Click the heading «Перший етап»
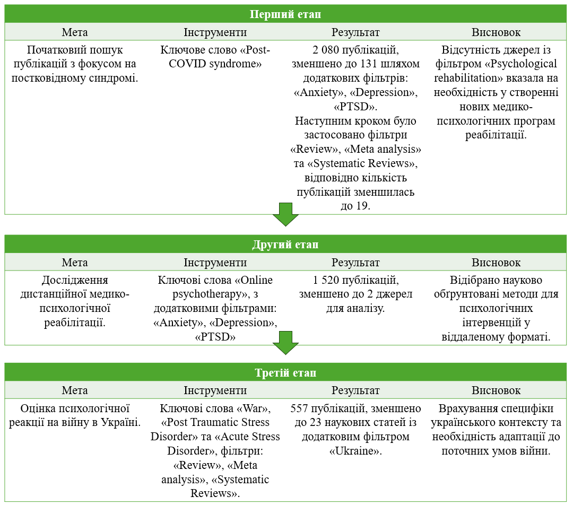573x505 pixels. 285,14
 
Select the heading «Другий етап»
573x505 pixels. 285,244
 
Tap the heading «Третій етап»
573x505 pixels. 285,372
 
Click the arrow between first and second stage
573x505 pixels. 285,214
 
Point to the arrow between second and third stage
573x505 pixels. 285,343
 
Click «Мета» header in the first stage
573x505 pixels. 75,32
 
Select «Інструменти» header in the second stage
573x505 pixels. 215,263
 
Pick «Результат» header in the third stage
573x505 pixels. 355,390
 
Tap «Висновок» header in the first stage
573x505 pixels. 496,32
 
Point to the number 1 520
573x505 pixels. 326,280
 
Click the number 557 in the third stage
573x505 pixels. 299,408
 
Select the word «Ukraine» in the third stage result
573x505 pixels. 355,451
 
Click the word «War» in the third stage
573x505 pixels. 253,408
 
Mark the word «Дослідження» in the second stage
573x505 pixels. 75,280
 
